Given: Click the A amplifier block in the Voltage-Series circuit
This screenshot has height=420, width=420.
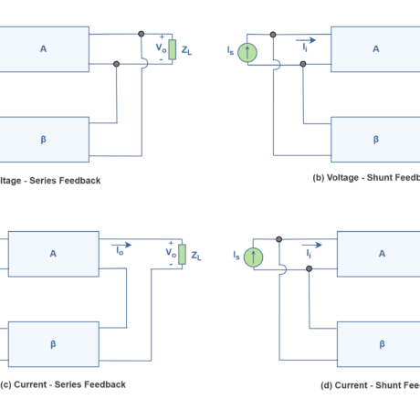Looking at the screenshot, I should (x=44, y=49).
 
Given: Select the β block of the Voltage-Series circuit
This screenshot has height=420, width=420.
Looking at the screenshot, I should (x=44, y=140).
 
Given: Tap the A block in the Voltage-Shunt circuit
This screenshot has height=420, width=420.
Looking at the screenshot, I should (x=375, y=49).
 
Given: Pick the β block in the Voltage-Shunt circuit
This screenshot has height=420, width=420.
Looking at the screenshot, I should (x=375, y=140).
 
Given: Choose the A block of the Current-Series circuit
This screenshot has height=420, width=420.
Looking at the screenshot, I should (x=53, y=254).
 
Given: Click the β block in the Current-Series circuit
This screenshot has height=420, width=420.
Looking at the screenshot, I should (x=53, y=344).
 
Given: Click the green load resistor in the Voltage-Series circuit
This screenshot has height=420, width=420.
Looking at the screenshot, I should (x=172, y=49).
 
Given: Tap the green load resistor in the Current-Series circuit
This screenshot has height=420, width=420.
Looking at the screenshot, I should (x=182, y=254).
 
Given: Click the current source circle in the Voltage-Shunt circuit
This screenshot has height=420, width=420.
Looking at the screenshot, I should (x=247, y=52).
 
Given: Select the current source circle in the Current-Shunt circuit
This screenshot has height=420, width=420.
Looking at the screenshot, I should (x=253, y=257).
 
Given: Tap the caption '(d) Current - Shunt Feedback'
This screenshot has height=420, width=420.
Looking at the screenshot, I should (x=369, y=384).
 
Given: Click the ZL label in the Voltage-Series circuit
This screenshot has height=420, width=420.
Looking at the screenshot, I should (x=186, y=52).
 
